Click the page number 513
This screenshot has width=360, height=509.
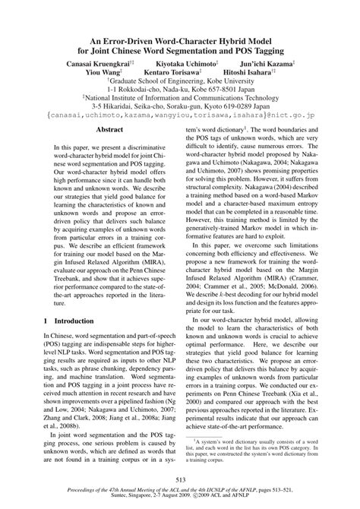pyautogui.click(x=180, y=479)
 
